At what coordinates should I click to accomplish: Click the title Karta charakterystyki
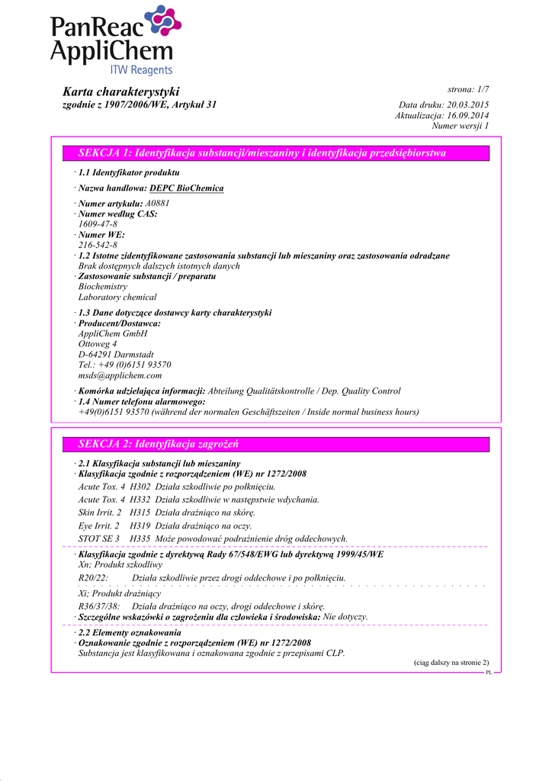(x=120, y=92)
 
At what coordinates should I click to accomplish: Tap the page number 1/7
(x=478, y=89)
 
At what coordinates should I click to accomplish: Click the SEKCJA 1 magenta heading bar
(x=275, y=153)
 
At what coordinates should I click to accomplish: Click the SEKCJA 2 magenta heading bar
(x=275, y=444)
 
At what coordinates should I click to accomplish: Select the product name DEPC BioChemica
(x=187, y=188)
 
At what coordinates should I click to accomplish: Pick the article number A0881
(x=158, y=204)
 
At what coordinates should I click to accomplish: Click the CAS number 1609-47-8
(x=98, y=224)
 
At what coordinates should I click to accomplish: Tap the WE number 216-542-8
(x=98, y=246)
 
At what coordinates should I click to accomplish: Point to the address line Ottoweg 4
(x=98, y=344)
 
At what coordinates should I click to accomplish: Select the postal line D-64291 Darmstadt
(x=116, y=355)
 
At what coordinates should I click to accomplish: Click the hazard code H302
(x=140, y=486)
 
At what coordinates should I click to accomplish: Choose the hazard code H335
(x=140, y=538)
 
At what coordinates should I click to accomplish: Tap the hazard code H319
(x=140, y=525)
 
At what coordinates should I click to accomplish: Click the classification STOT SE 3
(x=99, y=538)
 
